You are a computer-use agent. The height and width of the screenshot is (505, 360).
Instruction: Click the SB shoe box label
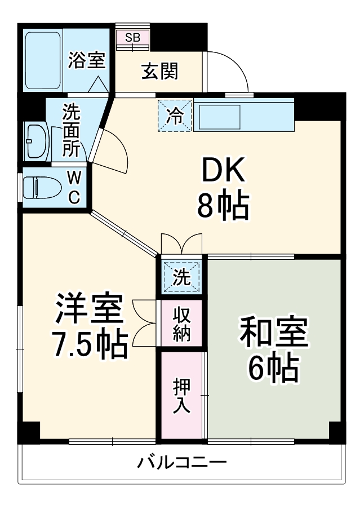tap(133, 38)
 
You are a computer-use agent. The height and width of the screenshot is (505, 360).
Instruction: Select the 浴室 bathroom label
tap(86, 60)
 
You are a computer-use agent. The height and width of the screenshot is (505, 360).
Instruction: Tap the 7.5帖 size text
tap(88, 346)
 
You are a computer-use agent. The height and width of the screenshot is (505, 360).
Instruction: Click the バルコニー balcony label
tap(182, 463)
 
